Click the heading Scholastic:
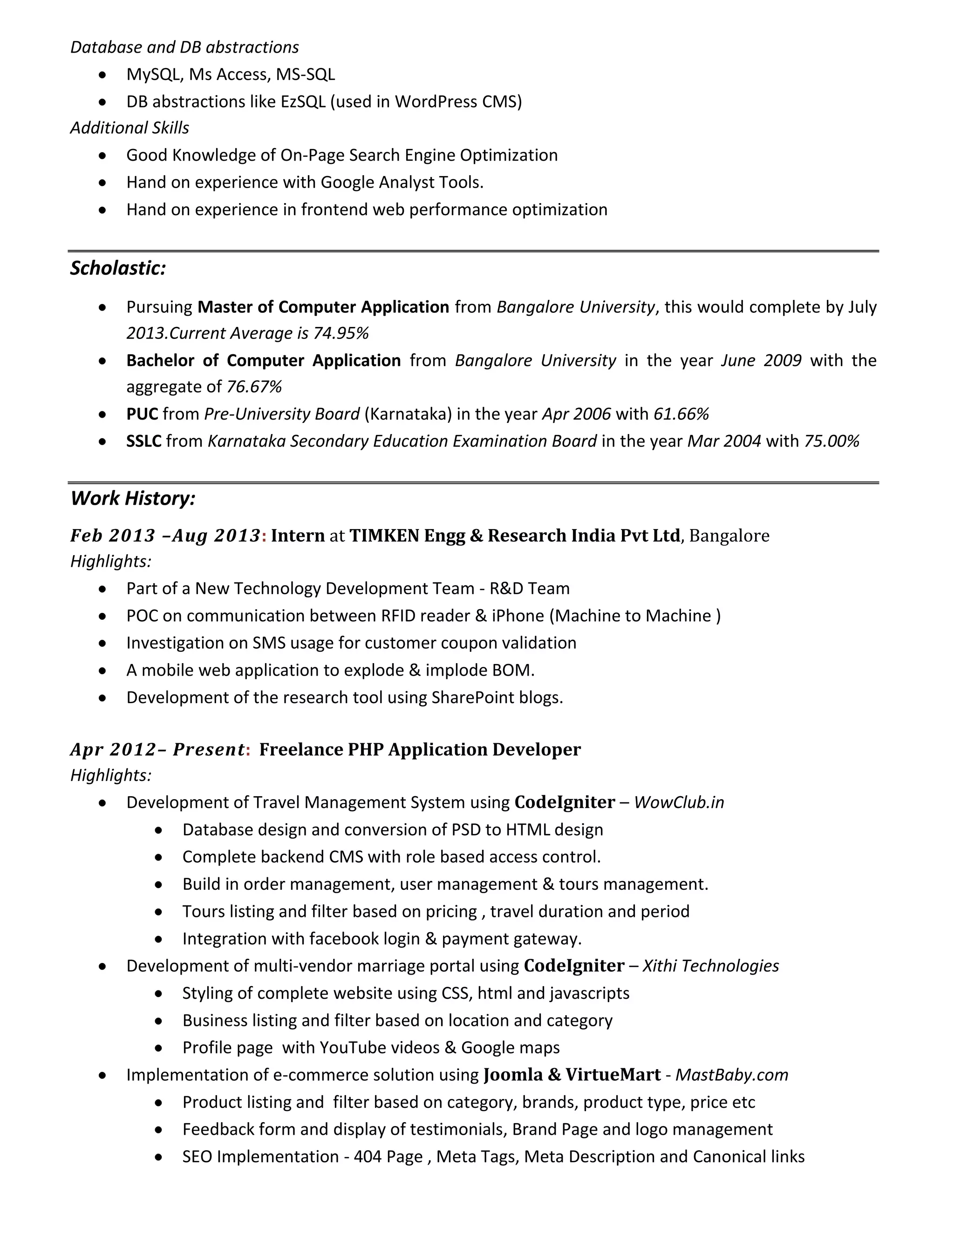click(x=117, y=268)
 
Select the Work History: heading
click(x=133, y=498)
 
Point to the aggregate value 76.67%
click(x=254, y=387)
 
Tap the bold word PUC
click(x=142, y=414)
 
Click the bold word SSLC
click(x=143, y=441)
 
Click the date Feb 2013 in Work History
click(x=112, y=536)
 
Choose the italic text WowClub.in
click(x=679, y=803)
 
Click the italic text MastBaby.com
click(x=731, y=1075)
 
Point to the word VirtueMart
click(x=613, y=1075)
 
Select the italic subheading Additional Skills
click(x=129, y=128)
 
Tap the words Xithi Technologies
click(x=710, y=966)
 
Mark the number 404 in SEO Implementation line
click(x=368, y=1157)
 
